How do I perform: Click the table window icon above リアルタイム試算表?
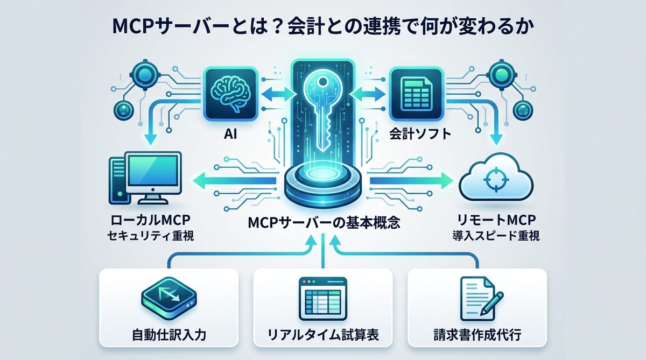click(x=323, y=298)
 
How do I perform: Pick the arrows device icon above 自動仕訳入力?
click(x=168, y=298)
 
